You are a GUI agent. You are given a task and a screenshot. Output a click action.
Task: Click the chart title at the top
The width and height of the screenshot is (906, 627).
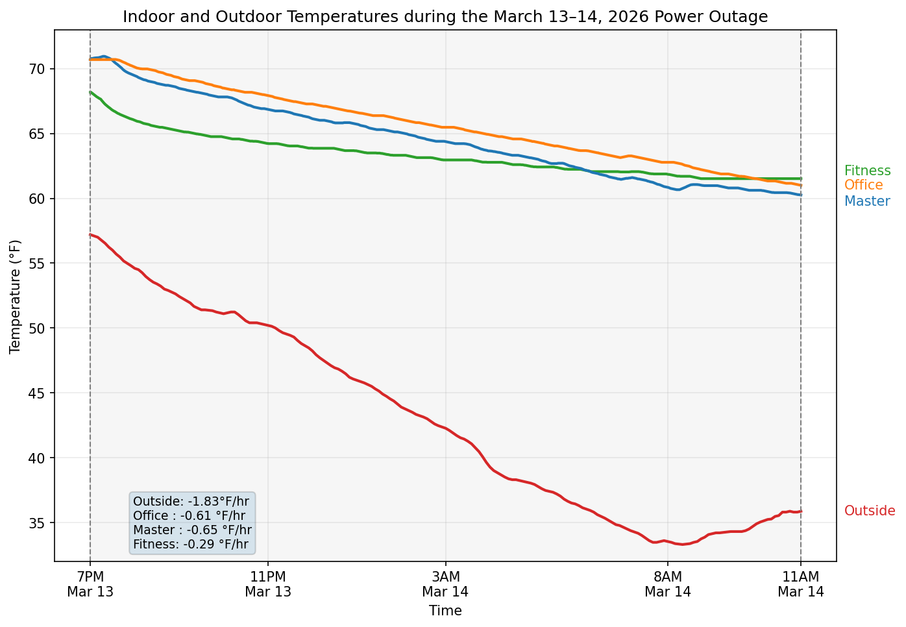click(x=445, y=17)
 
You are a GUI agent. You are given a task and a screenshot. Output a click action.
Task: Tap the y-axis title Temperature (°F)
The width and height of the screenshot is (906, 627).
click(x=16, y=296)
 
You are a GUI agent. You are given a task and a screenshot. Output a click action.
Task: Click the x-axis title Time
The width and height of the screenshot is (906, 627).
click(x=445, y=611)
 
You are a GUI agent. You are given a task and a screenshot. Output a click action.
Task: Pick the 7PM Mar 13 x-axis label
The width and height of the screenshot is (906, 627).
click(x=90, y=584)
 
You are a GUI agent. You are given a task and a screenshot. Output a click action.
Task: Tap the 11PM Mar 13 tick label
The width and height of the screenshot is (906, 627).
click(x=268, y=584)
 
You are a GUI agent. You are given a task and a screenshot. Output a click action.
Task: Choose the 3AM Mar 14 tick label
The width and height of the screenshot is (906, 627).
click(x=445, y=584)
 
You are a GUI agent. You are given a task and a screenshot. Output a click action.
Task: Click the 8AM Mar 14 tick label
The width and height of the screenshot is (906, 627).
click(x=668, y=584)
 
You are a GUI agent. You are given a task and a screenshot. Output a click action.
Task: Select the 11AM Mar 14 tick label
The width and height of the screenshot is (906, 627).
click(x=801, y=584)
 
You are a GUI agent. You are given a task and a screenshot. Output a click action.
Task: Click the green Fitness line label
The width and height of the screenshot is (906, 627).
click(x=868, y=171)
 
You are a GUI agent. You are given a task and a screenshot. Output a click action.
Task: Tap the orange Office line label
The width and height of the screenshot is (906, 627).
click(x=864, y=185)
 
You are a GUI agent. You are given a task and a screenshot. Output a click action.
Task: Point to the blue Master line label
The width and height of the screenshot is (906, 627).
click(x=867, y=201)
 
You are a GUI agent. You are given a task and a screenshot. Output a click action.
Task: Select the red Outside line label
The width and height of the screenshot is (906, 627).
click(x=870, y=511)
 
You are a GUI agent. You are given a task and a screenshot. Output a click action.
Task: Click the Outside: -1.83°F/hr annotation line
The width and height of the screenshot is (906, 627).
click(x=191, y=501)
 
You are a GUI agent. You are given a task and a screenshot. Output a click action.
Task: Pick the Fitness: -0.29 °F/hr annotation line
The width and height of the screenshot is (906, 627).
click(x=191, y=545)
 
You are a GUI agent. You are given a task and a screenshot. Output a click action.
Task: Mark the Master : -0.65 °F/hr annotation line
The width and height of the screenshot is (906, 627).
click(x=192, y=530)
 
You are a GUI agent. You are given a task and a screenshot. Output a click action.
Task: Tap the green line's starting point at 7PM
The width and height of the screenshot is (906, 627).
click(x=91, y=92)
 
